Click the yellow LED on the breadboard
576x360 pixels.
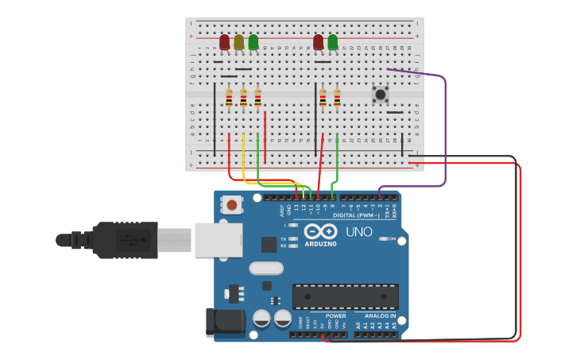coord(239,42)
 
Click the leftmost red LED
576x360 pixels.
coord(225,42)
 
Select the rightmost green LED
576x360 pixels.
coord(332,42)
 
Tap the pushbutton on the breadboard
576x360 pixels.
coord(381,95)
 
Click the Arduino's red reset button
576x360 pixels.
coord(231,205)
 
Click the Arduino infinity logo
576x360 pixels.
coord(321,231)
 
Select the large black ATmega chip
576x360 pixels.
coord(346,296)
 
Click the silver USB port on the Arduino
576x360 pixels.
coord(218,240)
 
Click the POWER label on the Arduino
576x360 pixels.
coord(335,315)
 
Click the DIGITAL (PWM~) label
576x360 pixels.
coord(355,215)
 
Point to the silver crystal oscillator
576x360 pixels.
coord(266,269)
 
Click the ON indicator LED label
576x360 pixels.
coord(392,238)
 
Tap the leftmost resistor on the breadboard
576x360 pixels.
coord(229,98)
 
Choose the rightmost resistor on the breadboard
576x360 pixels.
coord(337,98)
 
